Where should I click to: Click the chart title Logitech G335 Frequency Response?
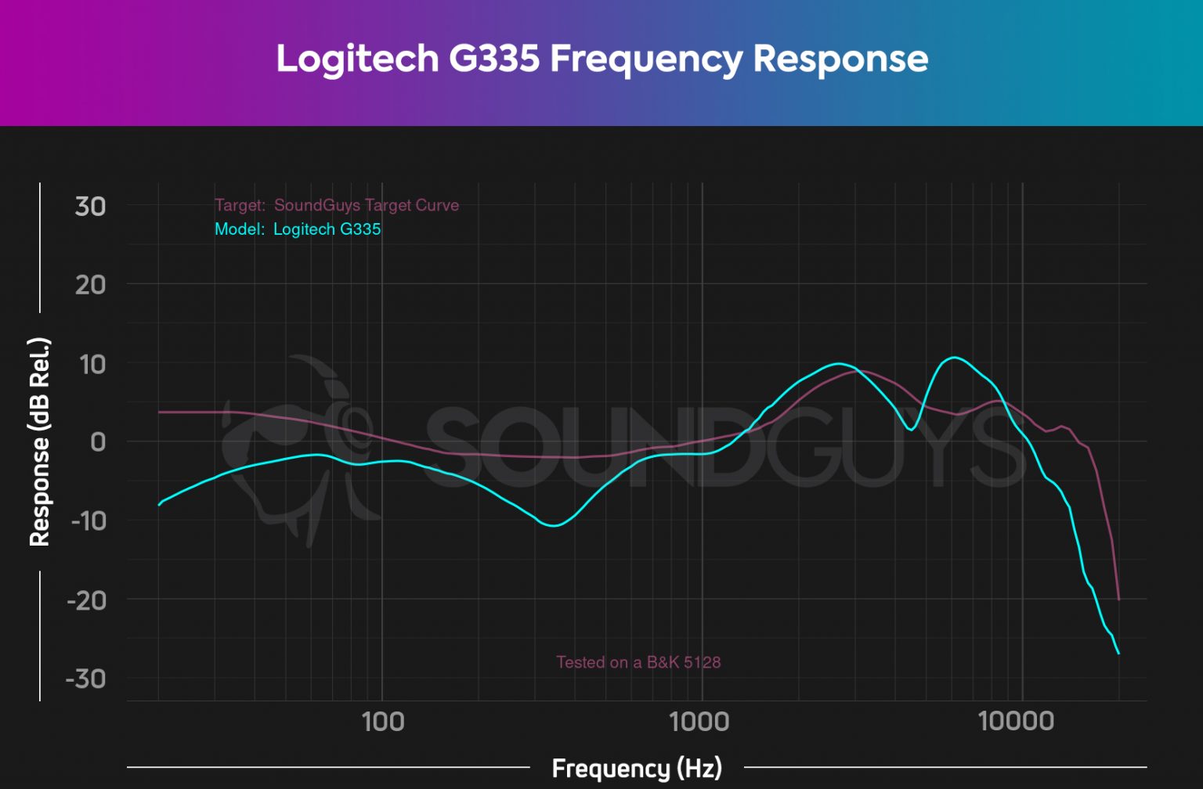tap(601, 59)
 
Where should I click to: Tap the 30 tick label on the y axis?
tap(90, 207)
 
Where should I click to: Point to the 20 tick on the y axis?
tap(90, 285)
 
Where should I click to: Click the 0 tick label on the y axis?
tap(98, 442)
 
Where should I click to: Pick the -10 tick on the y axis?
tap(88, 521)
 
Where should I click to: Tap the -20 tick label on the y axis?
tap(86, 600)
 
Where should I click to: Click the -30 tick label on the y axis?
tap(86, 679)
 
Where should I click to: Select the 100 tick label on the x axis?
tap(382, 722)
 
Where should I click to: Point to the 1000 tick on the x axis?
tap(699, 722)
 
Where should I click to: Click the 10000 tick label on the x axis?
tap(1016, 722)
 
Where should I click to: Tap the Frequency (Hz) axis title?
tap(637, 769)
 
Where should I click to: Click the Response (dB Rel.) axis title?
tap(39, 442)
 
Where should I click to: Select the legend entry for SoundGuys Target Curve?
tap(337, 205)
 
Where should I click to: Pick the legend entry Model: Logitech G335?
tap(298, 229)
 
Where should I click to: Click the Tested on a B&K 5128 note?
tap(638, 662)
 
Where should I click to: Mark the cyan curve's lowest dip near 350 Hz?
tap(554, 525)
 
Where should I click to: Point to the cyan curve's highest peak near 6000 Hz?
tap(953, 358)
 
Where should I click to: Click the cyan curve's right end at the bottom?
tap(1118, 653)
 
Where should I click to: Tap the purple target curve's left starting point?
tap(160, 412)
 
